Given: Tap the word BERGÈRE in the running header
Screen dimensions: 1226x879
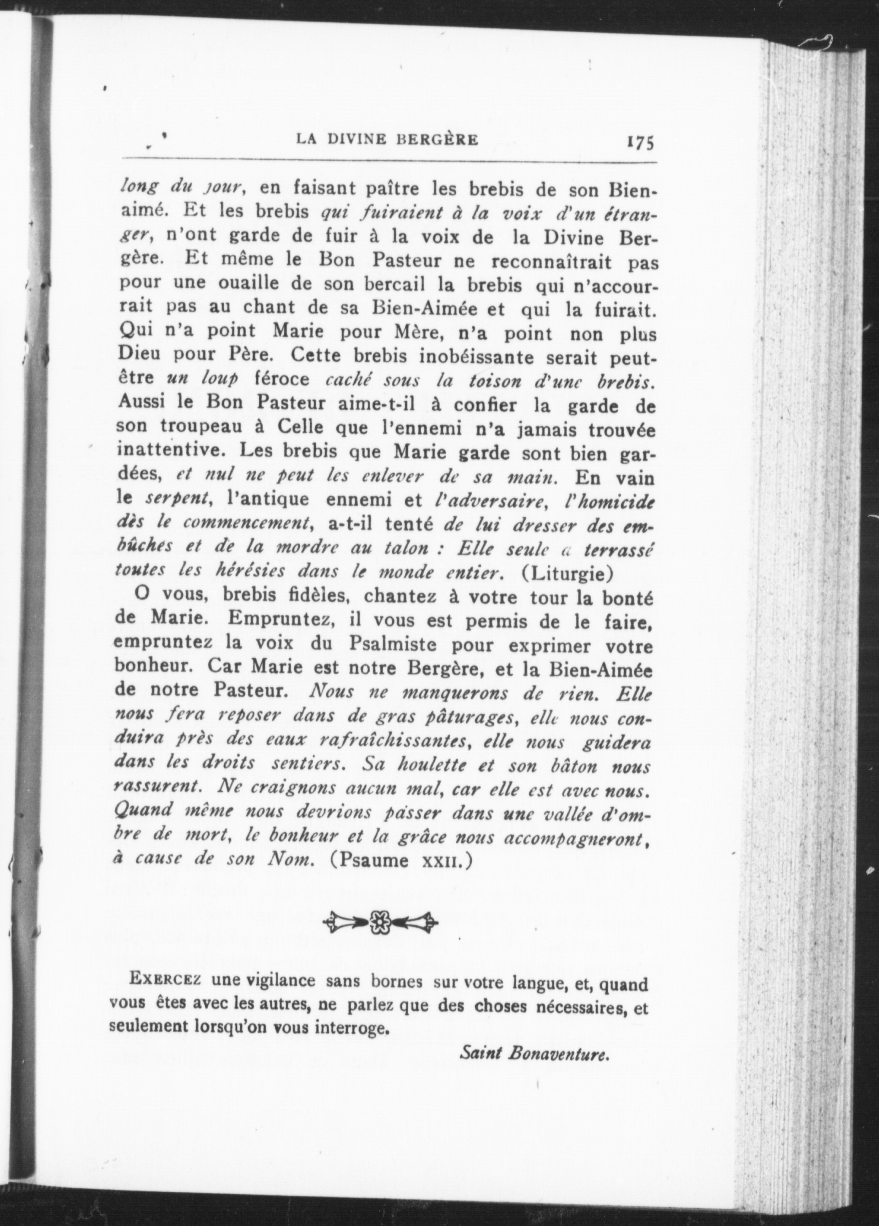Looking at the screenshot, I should tap(439, 140).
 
